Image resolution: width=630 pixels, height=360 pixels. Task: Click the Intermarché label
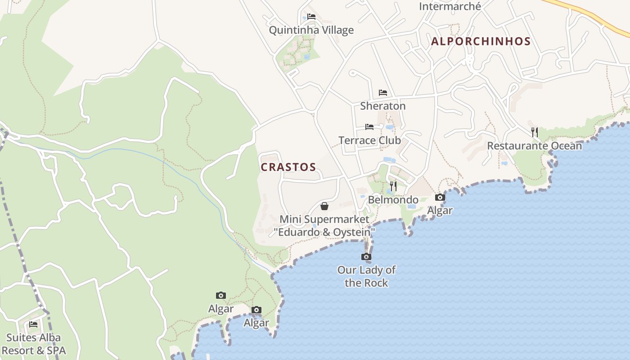click(450, 6)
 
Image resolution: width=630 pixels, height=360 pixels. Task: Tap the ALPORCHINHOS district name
click(481, 41)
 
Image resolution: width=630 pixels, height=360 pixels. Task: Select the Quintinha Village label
click(311, 30)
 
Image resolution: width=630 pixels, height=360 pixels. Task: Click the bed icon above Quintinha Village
click(311, 17)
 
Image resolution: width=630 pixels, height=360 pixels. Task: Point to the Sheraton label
click(383, 106)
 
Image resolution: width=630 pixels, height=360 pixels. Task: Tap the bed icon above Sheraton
click(383, 93)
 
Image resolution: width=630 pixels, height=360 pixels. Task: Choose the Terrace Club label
click(369, 140)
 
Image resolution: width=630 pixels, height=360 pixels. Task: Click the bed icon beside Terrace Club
click(369, 127)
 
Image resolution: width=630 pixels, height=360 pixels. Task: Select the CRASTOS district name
click(288, 167)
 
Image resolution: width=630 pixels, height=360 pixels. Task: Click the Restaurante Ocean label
click(535, 146)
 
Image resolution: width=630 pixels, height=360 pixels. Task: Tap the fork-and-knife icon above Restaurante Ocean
click(535, 132)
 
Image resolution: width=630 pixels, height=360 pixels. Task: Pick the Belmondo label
click(393, 200)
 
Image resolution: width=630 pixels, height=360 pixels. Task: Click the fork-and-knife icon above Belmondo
click(393, 186)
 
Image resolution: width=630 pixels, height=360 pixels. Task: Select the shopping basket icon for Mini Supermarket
click(324, 206)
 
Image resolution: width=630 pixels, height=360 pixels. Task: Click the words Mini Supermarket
click(324, 219)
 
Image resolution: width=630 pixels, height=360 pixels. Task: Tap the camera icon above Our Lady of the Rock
click(366, 257)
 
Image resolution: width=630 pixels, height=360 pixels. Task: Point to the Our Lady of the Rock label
click(366, 276)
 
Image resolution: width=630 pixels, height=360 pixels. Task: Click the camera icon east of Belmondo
click(440, 197)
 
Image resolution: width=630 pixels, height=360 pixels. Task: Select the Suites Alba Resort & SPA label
click(34, 344)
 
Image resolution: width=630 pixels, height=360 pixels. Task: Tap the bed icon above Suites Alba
click(33, 324)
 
